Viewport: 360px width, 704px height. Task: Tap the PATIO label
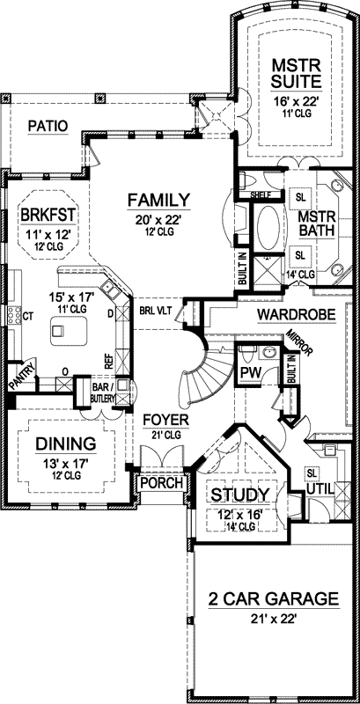(48, 126)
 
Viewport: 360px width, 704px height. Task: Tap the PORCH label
(161, 483)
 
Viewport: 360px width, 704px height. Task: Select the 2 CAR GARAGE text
(273, 599)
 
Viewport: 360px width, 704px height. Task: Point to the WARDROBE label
(294, 313)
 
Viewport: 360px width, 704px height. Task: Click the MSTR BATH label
(314, 224)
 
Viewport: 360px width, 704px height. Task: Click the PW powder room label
(250, 373)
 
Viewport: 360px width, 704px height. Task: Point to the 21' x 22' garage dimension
(272, 619)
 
